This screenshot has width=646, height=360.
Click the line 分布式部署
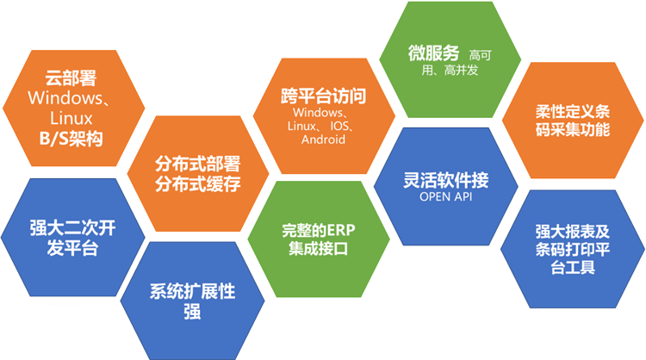pos(197,164)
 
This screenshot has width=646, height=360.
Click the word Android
pos(324,139)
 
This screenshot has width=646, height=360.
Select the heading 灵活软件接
pos(445,180)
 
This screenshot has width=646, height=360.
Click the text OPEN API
pos(445,197)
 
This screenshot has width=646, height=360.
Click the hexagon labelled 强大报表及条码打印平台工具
pos(572,249)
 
